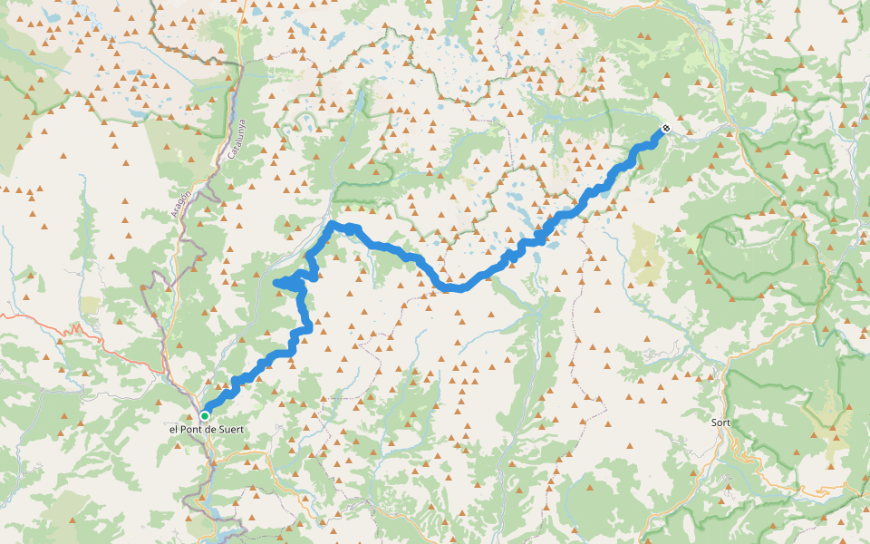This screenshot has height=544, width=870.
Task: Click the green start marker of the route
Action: [205, 415]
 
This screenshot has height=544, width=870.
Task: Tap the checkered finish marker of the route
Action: [666, 129]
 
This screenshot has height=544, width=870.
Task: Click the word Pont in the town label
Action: [197, 429]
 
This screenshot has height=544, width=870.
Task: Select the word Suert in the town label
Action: [232, 429]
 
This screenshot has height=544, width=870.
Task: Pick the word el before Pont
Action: [175, 429]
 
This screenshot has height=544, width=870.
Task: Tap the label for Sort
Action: [721, 423]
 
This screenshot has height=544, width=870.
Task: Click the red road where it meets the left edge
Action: [2, 316]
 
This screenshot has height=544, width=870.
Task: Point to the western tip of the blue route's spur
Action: [275, 284]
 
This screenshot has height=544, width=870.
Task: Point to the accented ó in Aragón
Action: [185, 194]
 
